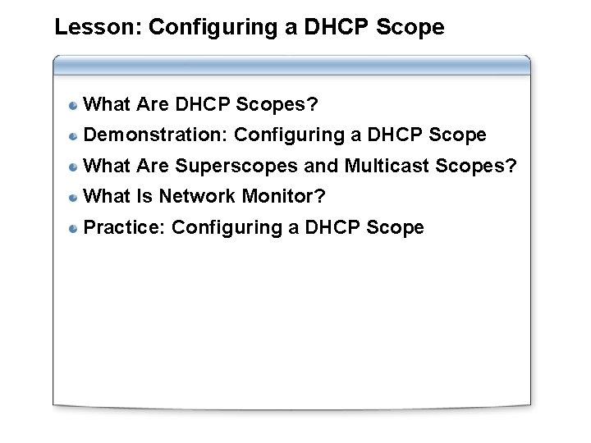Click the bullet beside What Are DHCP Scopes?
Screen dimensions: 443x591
pyautogui.click(x=74, y=105)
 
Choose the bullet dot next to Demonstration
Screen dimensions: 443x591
pyautogui.click(x=74, y=135)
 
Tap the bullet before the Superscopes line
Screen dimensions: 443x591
pyautogui.click(x=74, y=167)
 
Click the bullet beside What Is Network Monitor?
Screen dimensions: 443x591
pyautogui.click(x=74, y=197)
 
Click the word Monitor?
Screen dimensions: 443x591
pyautogui.click(x=282, y=197)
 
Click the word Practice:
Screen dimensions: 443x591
pyautogui.click(x=126, y=227)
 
